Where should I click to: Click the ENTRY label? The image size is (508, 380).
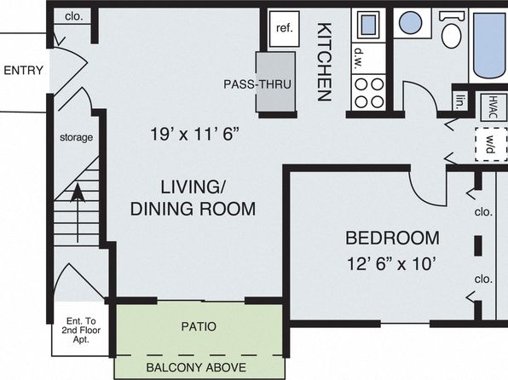(x=23, y=71)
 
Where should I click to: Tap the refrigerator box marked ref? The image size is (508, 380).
(x=284, y=29)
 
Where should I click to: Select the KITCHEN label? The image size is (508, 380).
(x=324, y=62)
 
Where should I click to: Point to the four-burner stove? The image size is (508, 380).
(x=369, y=93)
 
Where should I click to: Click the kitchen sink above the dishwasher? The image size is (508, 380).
(x=369, y=25)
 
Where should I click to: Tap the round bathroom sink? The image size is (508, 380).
(x=411, y=23)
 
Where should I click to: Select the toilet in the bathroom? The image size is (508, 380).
(x=451, y=30)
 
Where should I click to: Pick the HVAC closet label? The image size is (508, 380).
(x=493, y=107)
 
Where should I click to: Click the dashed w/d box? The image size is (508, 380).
(x=491, y=144)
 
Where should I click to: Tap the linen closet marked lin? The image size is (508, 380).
(x=460, y=101)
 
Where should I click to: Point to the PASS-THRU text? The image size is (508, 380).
(x=257, y=84)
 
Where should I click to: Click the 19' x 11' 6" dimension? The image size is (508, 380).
(x=194, y=134)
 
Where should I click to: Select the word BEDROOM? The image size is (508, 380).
(x=392, y=238)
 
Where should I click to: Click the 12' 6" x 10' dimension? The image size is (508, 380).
(x=390, y=264)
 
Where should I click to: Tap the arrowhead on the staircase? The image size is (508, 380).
(x=78, y=193)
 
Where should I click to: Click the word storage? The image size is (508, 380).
(x=76, y=138)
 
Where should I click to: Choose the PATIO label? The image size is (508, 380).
(x=199, y=326)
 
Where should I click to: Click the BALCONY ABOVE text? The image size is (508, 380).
(x=196, y=367)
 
